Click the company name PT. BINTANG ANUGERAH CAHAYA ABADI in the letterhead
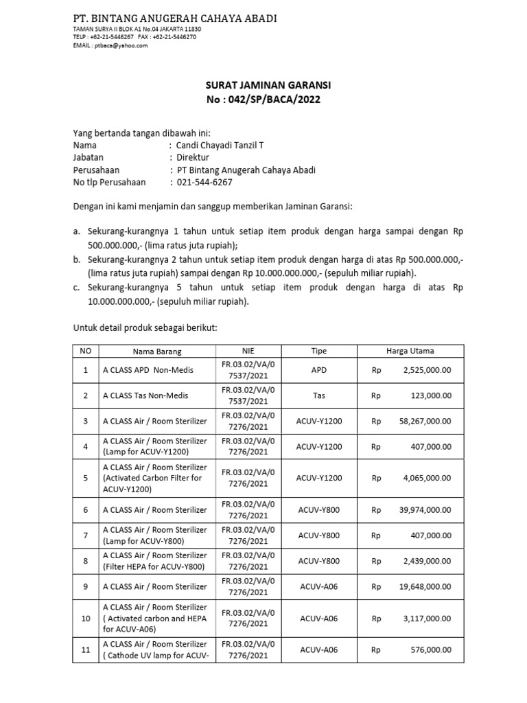(x=175, y=18)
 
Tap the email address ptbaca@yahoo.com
(x=121, y=45)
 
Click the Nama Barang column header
(x=156, y=351)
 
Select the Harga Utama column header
(x=411, y=351)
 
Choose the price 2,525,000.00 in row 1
(x=424, y=371)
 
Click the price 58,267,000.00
(x=422, y=422)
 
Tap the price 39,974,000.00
(x=422, y=510)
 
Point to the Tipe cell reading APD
(x=319, y=371)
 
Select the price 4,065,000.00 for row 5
(x=424, y=478)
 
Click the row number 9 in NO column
(x=86, y=587)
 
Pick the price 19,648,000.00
(x=422, y=587)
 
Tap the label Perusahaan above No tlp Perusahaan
(x=96, y=170)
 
